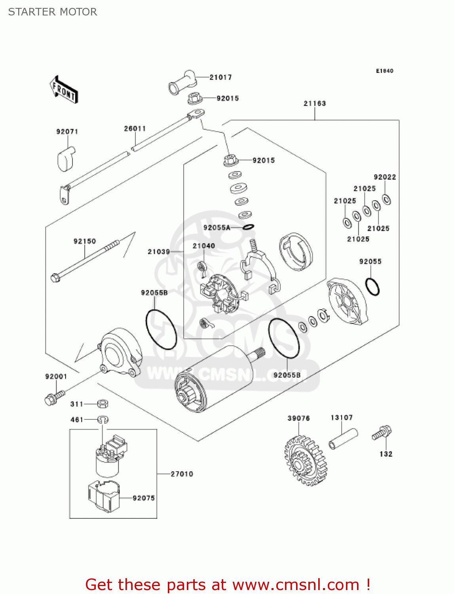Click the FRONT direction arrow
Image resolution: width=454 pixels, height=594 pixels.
pos(64,90)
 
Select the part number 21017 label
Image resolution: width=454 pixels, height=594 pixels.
pos(220,77)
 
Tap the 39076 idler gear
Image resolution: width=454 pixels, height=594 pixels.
pos(305,461)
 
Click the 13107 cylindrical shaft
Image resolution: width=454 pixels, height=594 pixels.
pos(343,439)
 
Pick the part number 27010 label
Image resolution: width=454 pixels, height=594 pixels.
pos(182,474)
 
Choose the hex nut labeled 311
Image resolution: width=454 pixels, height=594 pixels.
pos(103,404)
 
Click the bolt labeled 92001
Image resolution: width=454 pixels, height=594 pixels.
pos(53,398)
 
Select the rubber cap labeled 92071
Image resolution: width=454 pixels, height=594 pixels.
pos(65,159)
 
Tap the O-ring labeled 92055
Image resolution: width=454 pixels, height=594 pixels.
pos(372,287)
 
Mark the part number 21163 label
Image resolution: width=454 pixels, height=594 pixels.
pos(315,103)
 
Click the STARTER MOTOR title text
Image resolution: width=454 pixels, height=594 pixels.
pos(53,12)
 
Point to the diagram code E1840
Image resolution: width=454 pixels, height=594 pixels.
pos(384,71)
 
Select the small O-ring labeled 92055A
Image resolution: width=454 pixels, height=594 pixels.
pos(248,227)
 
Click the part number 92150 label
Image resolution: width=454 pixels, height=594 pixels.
pos(85,241)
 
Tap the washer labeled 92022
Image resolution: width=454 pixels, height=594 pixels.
pos(387,199)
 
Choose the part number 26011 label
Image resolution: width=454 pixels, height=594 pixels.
pos(135,128)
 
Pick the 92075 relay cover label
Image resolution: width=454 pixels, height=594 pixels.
pos(144,498)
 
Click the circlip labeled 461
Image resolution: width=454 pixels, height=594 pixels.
pos(103,419)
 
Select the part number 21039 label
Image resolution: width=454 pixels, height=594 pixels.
pos(159,251)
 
